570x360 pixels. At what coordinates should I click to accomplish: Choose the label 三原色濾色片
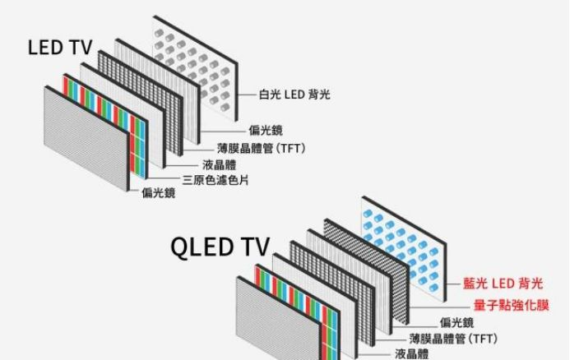pos(216,179)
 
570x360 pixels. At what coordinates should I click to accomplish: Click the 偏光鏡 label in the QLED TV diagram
pos(456,321)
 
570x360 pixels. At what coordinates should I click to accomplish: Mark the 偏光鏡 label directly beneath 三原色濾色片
pos(159,193)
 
